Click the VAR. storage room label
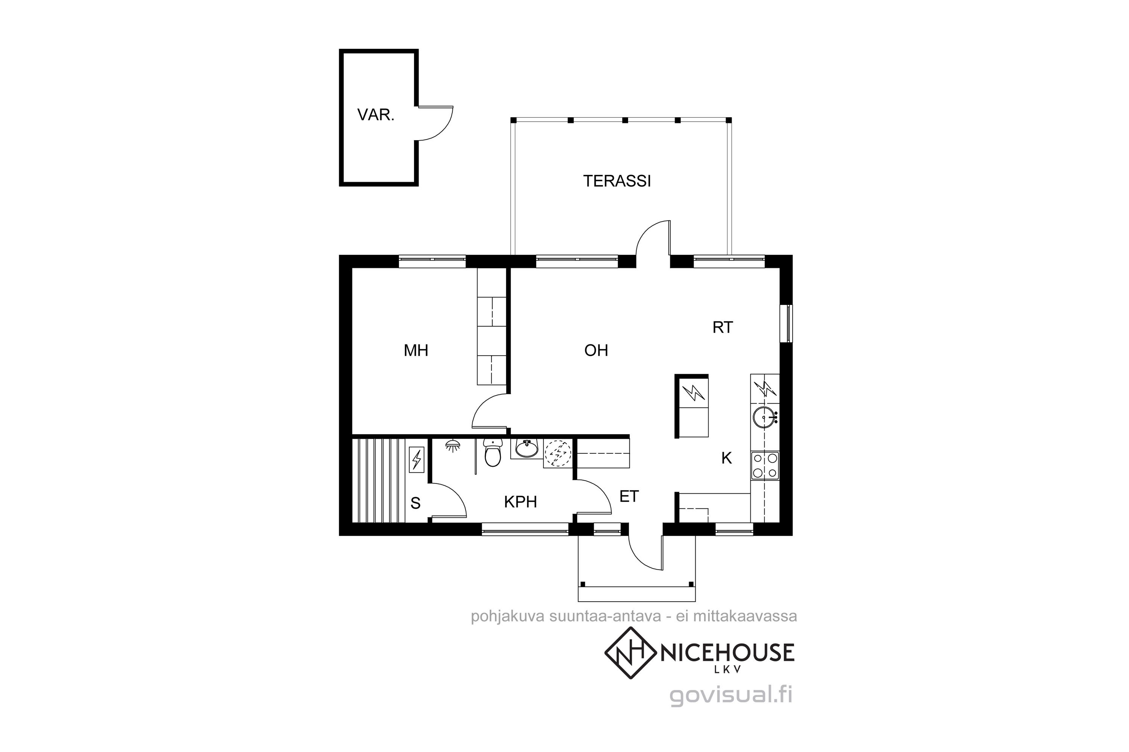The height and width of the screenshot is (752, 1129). point(376,115)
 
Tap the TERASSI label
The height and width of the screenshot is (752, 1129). point(617,181)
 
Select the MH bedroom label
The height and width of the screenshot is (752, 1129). point(416,350)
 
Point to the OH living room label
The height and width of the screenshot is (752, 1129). point(596,350)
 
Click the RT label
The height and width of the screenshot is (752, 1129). point(723,327)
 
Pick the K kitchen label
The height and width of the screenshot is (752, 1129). point(727,458)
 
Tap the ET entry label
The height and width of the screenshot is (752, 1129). point(629,496)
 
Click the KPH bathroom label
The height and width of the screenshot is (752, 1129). point(520,502)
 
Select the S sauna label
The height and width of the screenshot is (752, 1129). point(416,503)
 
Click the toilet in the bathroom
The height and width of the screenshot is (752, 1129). point(493,452)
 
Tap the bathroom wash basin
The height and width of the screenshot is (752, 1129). point(526,449)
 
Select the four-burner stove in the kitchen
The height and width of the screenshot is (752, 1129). point(765,465)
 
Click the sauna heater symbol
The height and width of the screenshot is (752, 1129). point(416,459)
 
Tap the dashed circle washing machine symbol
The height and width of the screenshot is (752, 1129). point(558,453)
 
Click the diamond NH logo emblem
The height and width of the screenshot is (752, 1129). point(630,653)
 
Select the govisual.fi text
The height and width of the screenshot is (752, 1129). point(730,695)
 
